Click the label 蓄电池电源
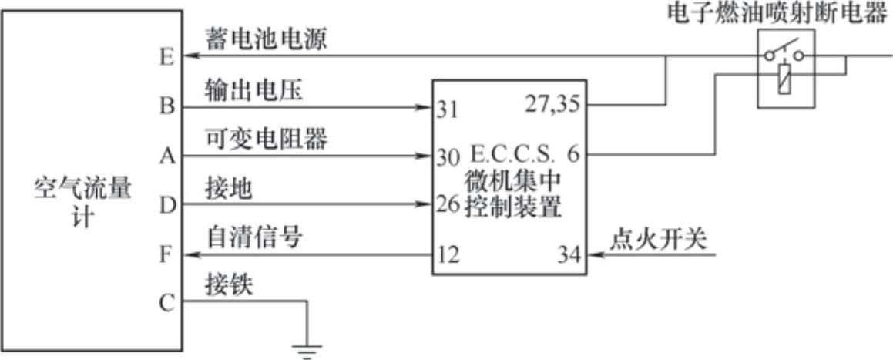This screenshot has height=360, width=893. (x=266, y=39)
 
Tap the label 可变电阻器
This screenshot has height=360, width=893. (x=266, y=140)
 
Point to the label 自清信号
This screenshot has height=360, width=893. (x=253, y=238)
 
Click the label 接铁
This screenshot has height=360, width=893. (x=229, y=287)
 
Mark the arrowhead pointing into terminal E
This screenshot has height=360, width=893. (x=191, y=56)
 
